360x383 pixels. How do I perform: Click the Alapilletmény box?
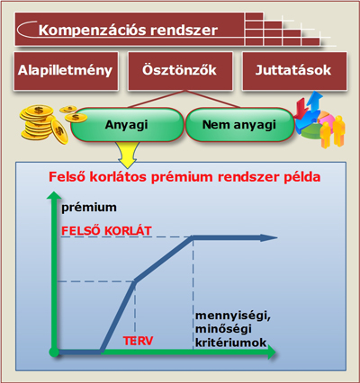[x=66, y=71]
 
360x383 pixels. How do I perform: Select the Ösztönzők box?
[x=180, y=71]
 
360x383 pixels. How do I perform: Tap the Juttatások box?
[x=294, y=71]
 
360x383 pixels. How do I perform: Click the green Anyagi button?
[x=127, y=125]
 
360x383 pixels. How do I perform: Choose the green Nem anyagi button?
[x=239, y=125]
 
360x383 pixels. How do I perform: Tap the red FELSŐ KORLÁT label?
[x=106, y=231]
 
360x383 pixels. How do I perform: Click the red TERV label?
[x=139, y=341]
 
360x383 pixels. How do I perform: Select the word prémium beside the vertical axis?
[x=89, y=208]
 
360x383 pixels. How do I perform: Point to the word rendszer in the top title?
[x=184, y=31]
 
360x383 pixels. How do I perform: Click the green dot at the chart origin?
[x=54, y=352]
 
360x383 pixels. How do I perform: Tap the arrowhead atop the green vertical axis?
[x=54, y=195]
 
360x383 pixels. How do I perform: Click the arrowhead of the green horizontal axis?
[x=271, y=352]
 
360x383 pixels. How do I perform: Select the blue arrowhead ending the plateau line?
[x=269, y=238]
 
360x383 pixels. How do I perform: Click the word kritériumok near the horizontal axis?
[x=230, y=343]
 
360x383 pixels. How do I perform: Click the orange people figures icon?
[x=332, y=131]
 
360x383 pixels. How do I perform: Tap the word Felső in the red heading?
[x=67, y=177]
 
